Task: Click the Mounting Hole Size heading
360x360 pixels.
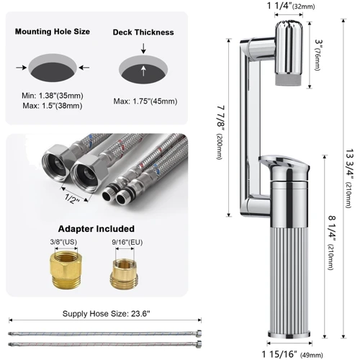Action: click(x=53, y=32)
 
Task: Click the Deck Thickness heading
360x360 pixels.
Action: click(x=143, y=32)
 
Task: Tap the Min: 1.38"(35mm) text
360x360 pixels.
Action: click(x=53, y=96)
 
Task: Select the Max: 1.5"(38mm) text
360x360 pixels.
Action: click(x=53, y=106)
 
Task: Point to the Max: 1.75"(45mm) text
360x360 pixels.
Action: click(x=145, y=102)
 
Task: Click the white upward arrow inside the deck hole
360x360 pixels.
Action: click(x=143, y=71)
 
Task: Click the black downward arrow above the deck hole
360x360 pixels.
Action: click(x=143, y=48)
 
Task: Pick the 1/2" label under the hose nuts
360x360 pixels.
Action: click(x=72, y=199)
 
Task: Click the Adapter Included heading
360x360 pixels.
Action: click(x=96, y=229)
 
